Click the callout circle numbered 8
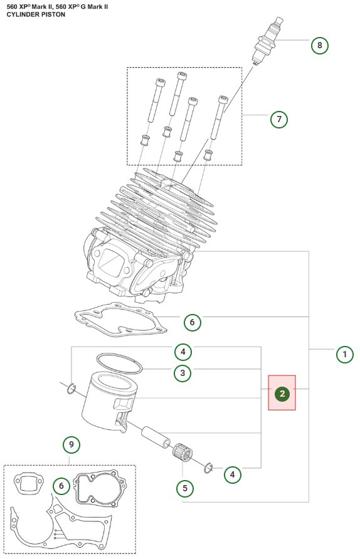click(x=319, y=45)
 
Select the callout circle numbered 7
click(x=279, y=119)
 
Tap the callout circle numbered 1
click(x=345, y=354)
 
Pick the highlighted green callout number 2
click(x=282, y=394)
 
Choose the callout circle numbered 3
click(x=183, y=373)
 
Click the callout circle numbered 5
click(x=185, y=488)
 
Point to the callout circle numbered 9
click(x=71, y=444)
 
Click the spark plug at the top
click(x=268, y=40)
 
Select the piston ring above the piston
click(x=120, y=363)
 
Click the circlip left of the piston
click(x=71, y=389)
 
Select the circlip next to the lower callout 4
click(x=208, y=468)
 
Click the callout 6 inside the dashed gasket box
click(x=61, y=486)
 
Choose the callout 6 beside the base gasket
click(x=193, y=322)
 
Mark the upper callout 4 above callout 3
click(x=183, y=352)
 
